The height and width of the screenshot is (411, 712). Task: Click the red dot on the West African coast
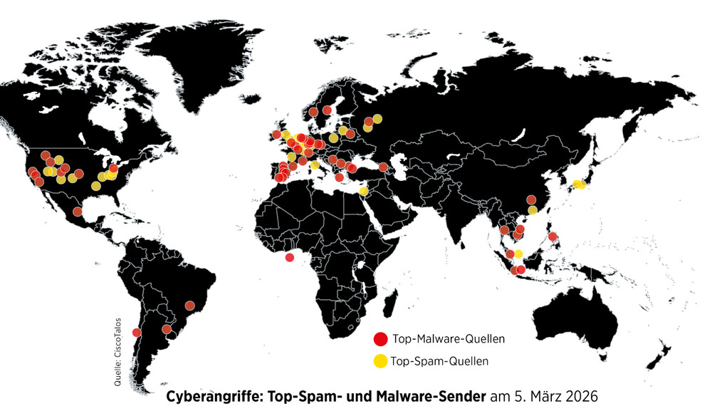tap(289, 257)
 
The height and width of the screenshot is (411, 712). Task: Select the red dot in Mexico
tap(78, 212)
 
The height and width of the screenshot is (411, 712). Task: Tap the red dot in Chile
tap(137, 332)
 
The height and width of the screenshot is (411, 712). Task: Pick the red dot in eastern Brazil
tap(189, 306)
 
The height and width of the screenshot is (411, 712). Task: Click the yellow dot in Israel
tap(364, 191)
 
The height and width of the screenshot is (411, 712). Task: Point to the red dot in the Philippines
tap(553, 236)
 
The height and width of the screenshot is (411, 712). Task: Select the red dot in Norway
tap(313, 112)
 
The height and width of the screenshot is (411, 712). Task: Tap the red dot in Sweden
tap(327, 110)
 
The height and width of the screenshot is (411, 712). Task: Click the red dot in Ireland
tap(276, 135)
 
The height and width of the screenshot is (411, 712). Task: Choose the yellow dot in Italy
tap(315, 165)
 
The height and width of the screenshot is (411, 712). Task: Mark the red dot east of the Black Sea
tap(383, 167)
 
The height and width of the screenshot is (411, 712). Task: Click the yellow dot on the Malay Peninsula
tap(518, 254)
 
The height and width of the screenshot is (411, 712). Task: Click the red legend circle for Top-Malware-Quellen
tap(381, 338)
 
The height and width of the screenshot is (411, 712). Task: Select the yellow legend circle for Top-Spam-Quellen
tap(381, 361)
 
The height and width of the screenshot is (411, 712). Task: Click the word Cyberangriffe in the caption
tap(207, 395)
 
